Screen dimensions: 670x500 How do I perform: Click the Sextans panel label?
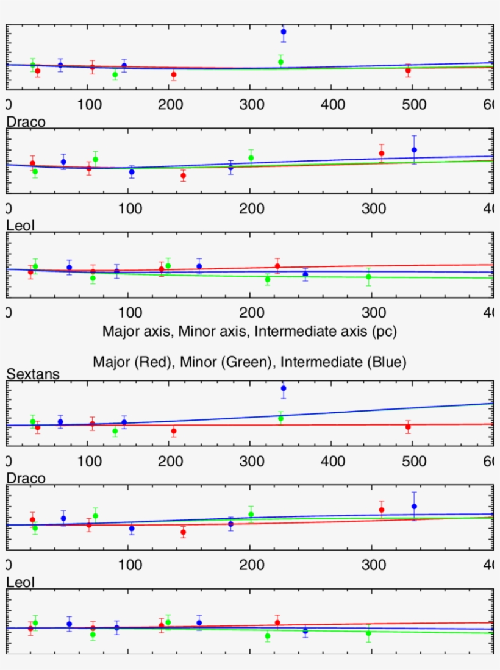pos(33,374)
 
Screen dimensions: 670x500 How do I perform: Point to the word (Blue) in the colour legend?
pos(386,362)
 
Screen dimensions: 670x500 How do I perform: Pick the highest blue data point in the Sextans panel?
pos(284,388)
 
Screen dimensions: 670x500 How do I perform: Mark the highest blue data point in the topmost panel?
pos(284,31)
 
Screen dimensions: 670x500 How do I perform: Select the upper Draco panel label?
pos(26,122)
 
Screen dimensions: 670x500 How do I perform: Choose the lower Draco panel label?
pos(26,479)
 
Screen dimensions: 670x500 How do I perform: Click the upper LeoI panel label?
pos(21,226)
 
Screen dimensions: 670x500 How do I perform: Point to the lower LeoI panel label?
pos(21,582)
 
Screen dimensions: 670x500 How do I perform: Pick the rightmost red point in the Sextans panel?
pos(408,427)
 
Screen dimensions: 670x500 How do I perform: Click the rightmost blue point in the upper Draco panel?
pos(414,149)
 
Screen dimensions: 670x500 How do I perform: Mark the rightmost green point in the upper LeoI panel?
pos(368,277)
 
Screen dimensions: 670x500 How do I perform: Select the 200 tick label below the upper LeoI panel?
pos(251,312)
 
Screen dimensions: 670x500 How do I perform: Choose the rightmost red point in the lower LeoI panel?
pos(277,622)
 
